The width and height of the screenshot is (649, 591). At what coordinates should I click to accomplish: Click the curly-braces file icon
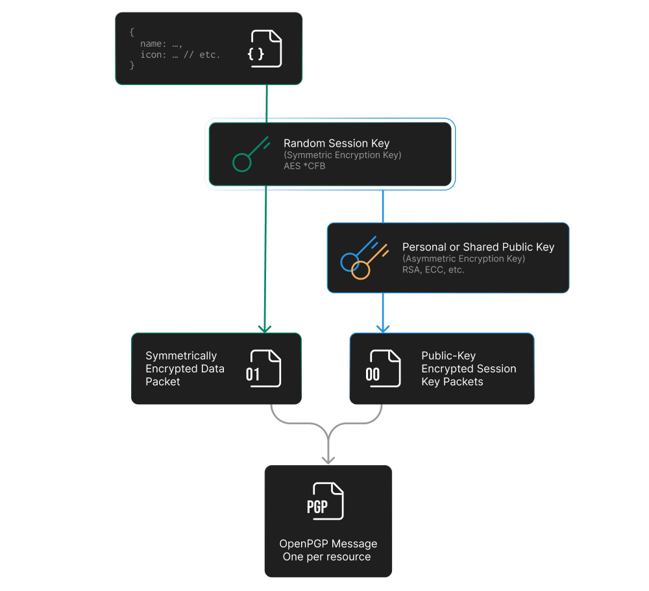click(x=265, y=49)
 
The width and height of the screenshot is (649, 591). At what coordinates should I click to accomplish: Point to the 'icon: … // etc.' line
click(x=180, y=54)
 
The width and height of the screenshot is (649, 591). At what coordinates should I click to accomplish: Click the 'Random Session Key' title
click(x=336, y=143)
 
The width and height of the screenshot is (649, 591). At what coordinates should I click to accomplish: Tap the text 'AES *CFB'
click(x=304, y=166)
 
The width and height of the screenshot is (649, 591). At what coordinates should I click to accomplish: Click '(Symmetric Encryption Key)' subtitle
click(x=342, y=155)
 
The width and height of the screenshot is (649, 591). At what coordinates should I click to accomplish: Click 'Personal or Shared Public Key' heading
click(x=478, y=247)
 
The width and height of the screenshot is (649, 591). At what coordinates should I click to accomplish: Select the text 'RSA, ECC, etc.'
click(x=433, y=270)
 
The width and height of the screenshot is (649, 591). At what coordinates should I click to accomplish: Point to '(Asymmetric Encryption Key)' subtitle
click(x=463, y=259)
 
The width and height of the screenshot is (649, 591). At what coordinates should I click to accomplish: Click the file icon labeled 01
click(x=264, y=368)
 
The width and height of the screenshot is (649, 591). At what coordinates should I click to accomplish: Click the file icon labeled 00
click(x=384, y=368)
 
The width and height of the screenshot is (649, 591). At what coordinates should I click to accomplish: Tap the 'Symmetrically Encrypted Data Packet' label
click(x=185, y=368)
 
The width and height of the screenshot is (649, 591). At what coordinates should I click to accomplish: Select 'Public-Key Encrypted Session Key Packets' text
click(x=469, y=368)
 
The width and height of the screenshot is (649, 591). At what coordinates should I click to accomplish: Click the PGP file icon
click(x=327, y=501)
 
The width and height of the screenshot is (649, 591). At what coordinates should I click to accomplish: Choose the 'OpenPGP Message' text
click(x=328, y=544)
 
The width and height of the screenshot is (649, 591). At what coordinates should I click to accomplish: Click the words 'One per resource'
click(x=326, y=557)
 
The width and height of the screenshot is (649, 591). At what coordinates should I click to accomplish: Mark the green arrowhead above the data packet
click(x=265, y=327)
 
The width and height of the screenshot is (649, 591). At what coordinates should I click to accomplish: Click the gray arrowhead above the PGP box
click(x=328, y=458)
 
